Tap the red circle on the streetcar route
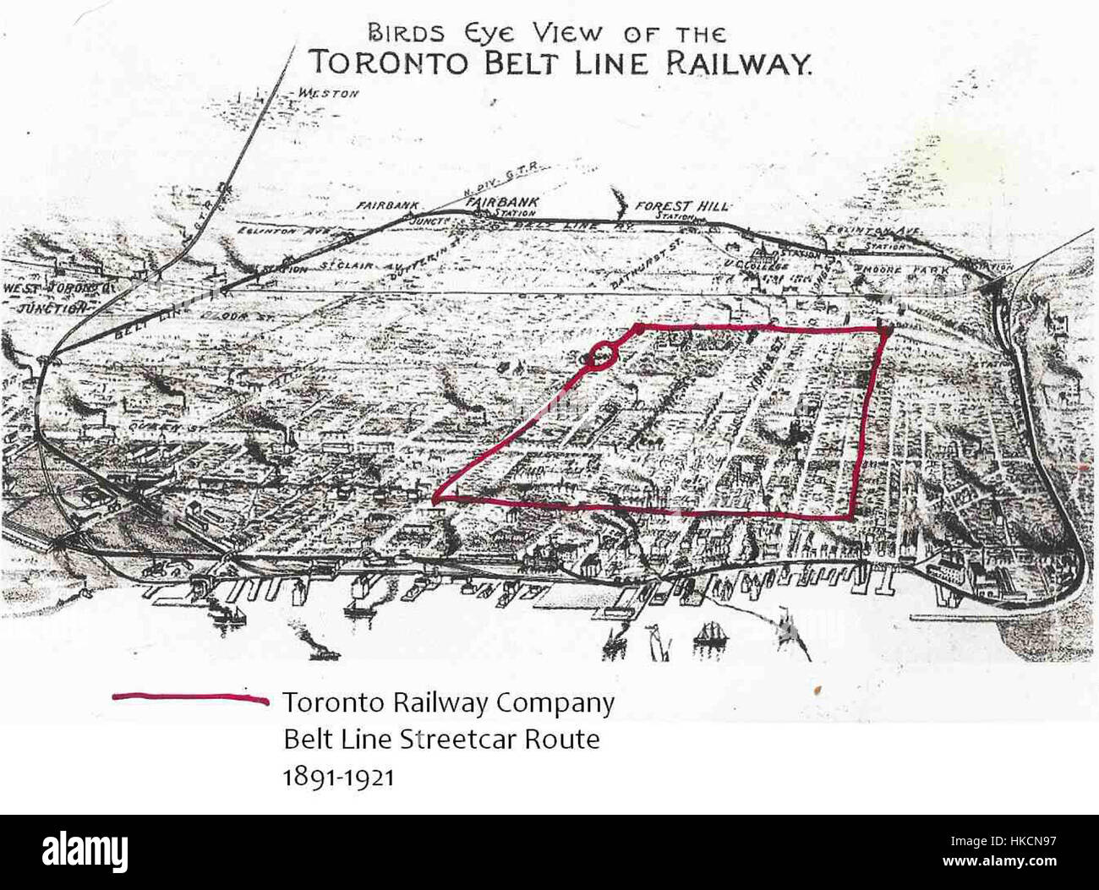click(x=602, y=356)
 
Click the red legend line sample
click(x=191, y=698)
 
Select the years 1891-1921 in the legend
click(x=338, y=777)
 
